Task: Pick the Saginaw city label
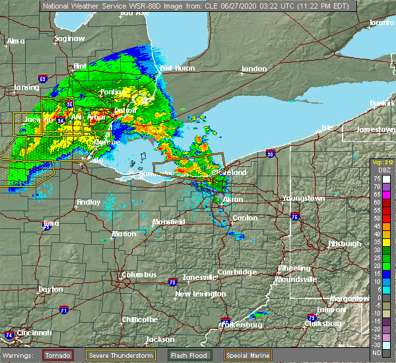70,38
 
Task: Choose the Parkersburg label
244,325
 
